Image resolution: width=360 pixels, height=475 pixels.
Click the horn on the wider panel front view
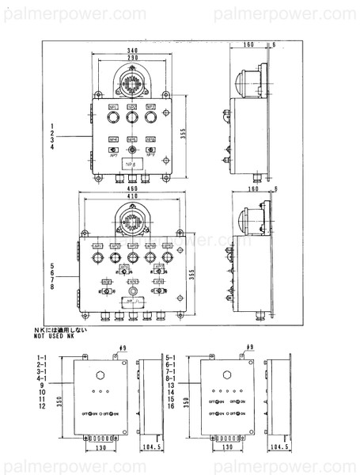pyautogui.click(x=132, y=219)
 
